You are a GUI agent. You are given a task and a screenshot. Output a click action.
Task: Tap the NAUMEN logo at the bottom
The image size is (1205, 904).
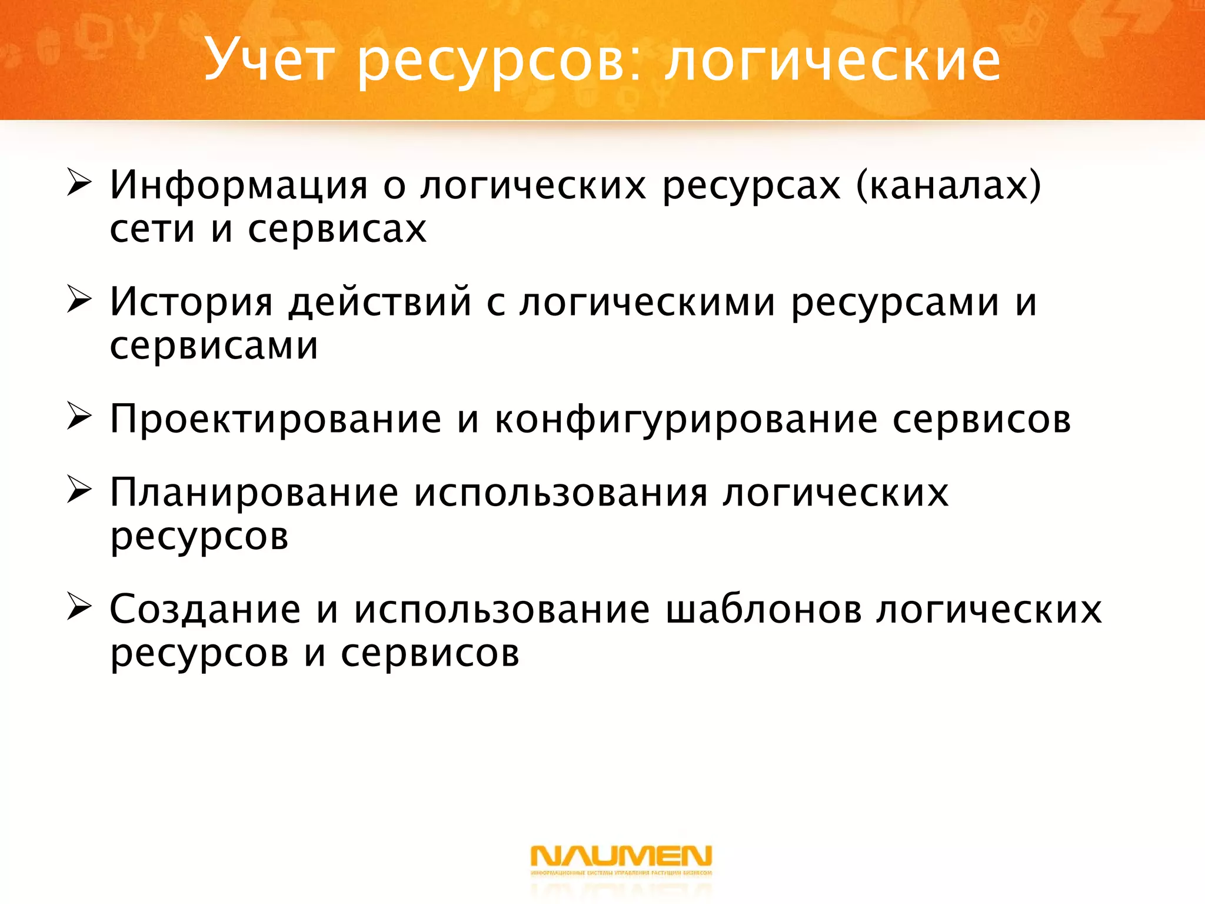pos(621,859)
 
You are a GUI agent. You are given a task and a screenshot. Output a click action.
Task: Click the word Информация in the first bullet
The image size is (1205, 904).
pos(238,185)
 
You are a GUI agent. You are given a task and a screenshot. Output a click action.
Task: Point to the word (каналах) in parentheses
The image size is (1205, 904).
pos(948,185)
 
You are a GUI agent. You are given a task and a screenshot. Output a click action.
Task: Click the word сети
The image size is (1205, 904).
pos(152,229)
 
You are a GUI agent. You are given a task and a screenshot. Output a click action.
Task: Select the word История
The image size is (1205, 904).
pos(191,302)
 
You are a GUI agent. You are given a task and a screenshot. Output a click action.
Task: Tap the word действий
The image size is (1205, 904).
pos(380,302)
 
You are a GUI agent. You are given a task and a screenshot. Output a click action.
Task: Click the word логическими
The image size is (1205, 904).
pos(647,302)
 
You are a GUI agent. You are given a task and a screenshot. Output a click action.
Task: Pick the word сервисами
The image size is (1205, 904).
pos(214,346)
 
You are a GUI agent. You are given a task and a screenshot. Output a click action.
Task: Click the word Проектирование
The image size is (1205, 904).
pos(275,420)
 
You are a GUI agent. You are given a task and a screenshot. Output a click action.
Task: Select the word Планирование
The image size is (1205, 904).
pos(254,493)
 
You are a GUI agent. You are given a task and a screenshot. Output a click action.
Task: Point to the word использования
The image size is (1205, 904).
pos(561,493)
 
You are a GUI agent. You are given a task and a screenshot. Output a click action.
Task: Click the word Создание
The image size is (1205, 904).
pos(205,610)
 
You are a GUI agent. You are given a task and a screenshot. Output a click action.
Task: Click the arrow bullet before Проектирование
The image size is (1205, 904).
pos(79,417)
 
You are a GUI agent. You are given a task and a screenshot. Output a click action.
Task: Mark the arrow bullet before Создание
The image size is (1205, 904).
pos(79,607)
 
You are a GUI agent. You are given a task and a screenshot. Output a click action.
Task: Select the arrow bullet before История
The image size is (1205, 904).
pos(79,299)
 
